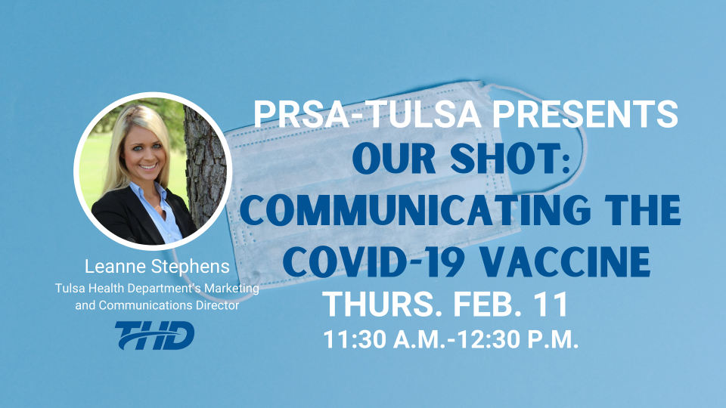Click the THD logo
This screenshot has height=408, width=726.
pyautogui.click(x=154, y=335)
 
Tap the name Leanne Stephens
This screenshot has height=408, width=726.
pyautogui.click(x=157, y=267)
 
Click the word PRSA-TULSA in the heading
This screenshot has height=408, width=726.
pyautogui.click(x=368, y=114)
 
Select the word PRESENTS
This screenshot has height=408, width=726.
pyautogui.click(x=585, y=114)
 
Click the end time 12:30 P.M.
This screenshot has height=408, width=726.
pyautogui.click(x=517, y=339)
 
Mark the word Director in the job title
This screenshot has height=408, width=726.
pyautogui.click(x=217, y=305)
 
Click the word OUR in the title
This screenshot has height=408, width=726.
pyautogui.click(x=398, y=159)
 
